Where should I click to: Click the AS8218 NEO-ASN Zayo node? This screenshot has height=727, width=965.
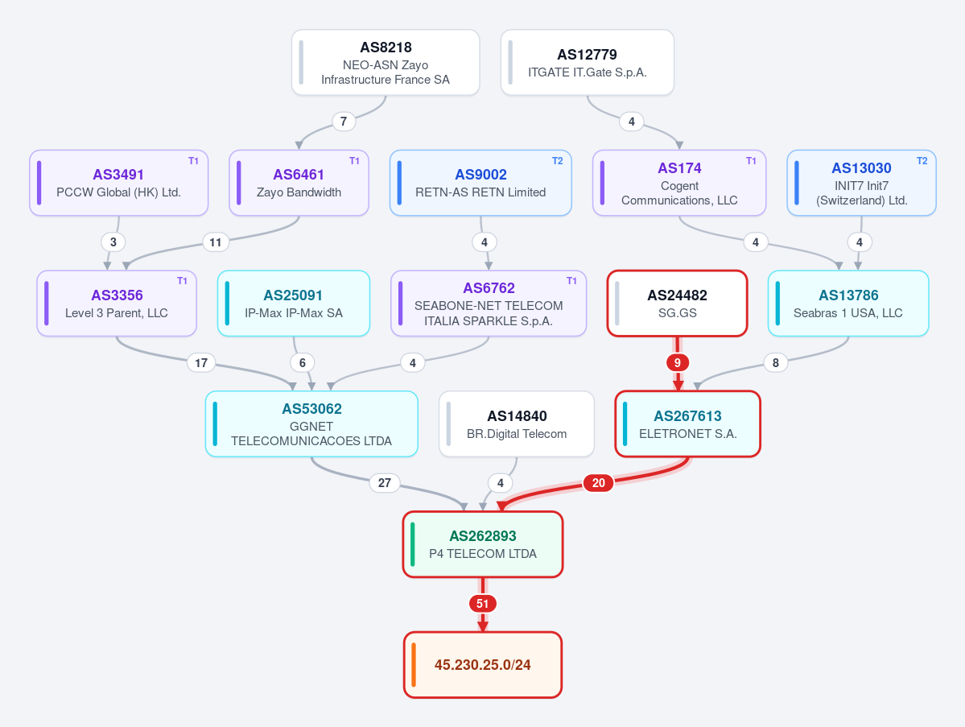(386, 63)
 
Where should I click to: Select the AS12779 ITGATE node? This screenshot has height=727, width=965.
(587, 63)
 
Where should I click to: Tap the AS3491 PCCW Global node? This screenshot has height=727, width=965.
(119, 183)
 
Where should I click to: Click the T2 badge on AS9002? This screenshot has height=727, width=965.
(557, 161)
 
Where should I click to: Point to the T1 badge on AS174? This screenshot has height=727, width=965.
(751, 161)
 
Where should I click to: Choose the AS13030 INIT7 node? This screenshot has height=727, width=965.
(862, 183)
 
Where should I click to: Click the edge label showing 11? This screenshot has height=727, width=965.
(216, 242)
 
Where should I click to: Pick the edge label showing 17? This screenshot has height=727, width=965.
(201, 363)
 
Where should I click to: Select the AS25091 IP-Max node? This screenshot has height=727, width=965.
(294, 304)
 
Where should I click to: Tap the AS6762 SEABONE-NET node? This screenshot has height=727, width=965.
(489, 304)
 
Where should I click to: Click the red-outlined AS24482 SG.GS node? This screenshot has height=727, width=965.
(677, 304)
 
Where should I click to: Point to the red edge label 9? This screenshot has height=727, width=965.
(678, 363)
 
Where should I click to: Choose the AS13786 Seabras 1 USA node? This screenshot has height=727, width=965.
(848, 304)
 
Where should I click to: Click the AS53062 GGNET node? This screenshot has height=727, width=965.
(311, 424)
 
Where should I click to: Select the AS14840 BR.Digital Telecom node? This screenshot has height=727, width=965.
(517, 424)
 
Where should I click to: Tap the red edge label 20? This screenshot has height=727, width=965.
(598, 483)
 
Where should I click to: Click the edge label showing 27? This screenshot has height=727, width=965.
(385, 483)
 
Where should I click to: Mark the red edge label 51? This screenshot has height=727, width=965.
(483, 604)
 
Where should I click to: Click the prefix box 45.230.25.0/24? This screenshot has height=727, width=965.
(483, 665)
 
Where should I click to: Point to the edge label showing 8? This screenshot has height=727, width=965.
(775, 363)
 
